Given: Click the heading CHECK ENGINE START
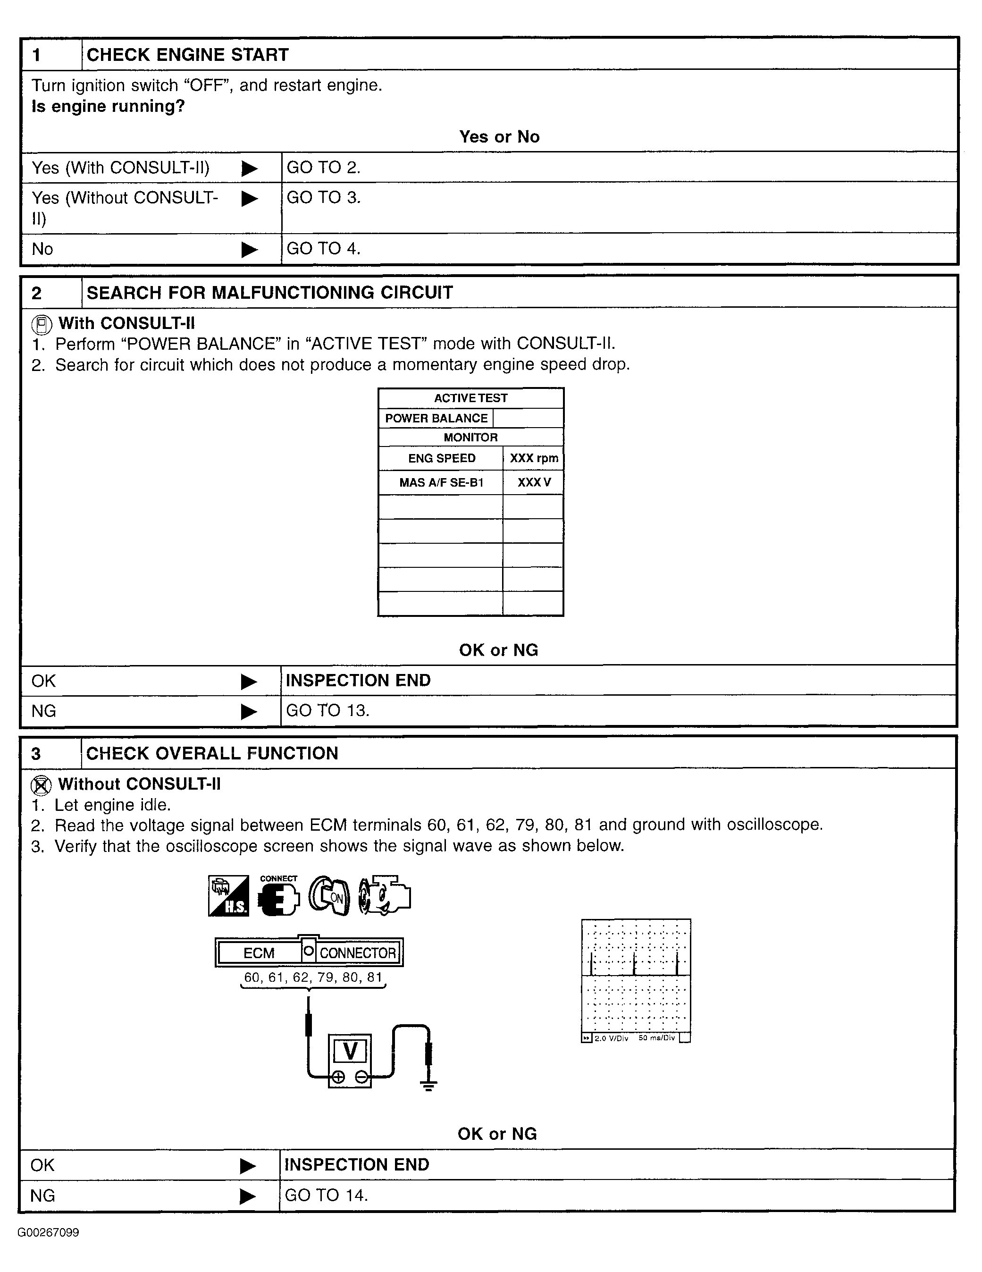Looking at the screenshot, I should pyautogui.click(x=187, y=55).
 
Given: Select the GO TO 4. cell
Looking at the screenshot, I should pyautogui.click(x=323, y=249).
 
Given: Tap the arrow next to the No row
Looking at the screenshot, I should pyautogui.click(x=249, y=250).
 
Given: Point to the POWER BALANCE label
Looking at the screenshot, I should pyautogui.click(x=436, y=418).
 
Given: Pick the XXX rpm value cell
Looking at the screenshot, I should pyautogui.click(x=534, y=458).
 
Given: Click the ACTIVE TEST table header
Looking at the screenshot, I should pyautogui.click(x=470, y=398).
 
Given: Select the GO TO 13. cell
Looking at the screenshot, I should pyautogui.click(x=328, y=710).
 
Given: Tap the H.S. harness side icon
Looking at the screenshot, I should pyautogui.click(x=228, y=896).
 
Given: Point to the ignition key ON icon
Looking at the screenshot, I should pyautogui.click(x=329, y=896).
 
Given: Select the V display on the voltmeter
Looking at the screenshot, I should pyautogui.click(x=350, y=1051).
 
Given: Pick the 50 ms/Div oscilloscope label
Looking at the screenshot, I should pyautogui.click(x=656, y=1038).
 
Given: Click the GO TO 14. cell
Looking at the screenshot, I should pyautogui.click(x=326, y=1195).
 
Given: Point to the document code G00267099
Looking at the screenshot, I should pyautogui.click(x=48, y=1232).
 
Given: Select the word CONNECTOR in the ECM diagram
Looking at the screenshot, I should pyautogui.click(x=358, y=953).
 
